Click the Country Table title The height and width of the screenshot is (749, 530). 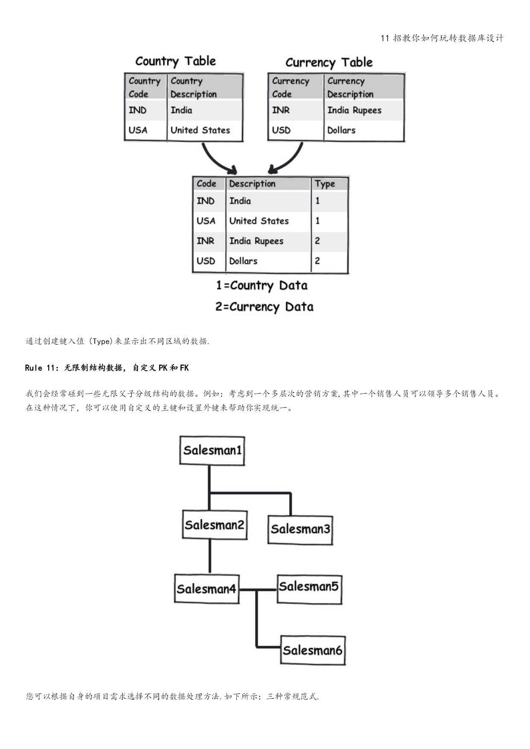point(176,61)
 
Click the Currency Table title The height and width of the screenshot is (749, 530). point(329,62)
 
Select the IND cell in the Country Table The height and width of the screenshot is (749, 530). point(138,110)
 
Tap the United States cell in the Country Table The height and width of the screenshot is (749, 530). point(200,130)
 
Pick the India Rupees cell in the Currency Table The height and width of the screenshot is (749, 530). point(354,110)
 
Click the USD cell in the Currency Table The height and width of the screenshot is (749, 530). point(281,130)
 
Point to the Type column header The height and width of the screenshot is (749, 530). point(325,184)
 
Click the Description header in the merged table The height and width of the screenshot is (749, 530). point(252,184)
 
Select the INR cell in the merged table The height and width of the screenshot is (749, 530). point(205,241)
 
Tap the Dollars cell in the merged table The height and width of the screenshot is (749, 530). point(243,261)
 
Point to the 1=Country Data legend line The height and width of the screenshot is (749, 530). point(262,285)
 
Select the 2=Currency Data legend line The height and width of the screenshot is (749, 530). point(264,307)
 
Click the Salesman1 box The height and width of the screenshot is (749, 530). point(212,450)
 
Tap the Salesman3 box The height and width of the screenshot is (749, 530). point(300,529)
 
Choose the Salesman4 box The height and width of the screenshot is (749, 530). point(206,589)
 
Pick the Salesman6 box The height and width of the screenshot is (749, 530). point(313,650)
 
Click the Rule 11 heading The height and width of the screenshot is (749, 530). point(107,368)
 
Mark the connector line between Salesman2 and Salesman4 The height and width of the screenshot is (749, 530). point(210,556)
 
